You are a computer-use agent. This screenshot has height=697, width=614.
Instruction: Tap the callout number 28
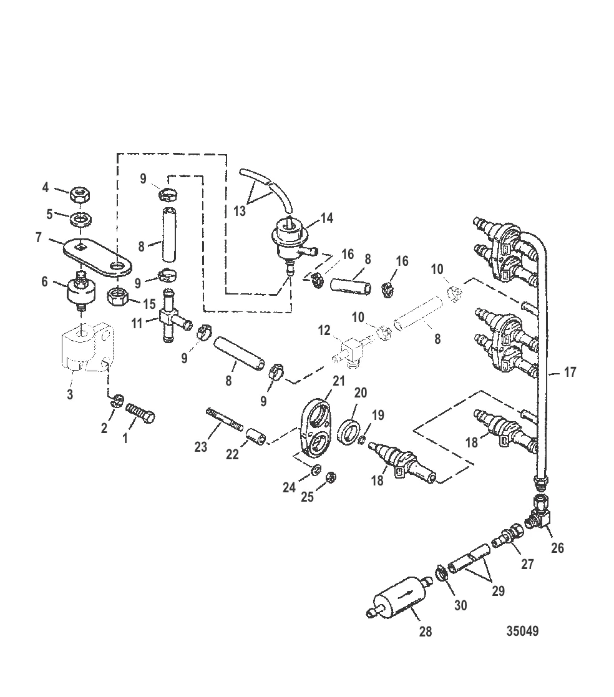(x=426, y=631)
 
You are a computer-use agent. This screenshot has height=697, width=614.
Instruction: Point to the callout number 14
(x=326, y=218)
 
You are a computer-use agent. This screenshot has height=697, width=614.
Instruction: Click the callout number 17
(x=570, y=373)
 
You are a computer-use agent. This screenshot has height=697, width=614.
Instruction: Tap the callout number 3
(x=70, y=394)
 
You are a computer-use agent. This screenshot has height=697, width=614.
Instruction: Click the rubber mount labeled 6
(x=81, y=292)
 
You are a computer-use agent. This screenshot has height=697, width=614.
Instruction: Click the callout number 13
(x=240, y=210)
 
